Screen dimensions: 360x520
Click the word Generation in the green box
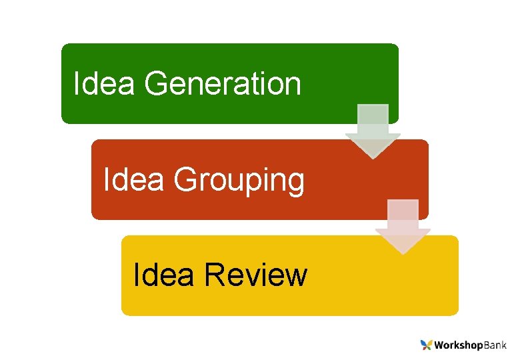(x=222, y=84)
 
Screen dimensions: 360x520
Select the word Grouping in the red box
(x=239, y=180)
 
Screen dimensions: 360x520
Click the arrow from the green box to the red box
(x=373, y=130)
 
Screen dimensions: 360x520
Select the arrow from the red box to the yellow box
(x=403, y=225)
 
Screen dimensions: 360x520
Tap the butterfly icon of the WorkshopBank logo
(x=426, y=345)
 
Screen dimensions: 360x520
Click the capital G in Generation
(x=156, y=84)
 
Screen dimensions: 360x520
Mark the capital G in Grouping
(x=186, y=180)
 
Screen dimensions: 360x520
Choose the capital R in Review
(x=215, y=275)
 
